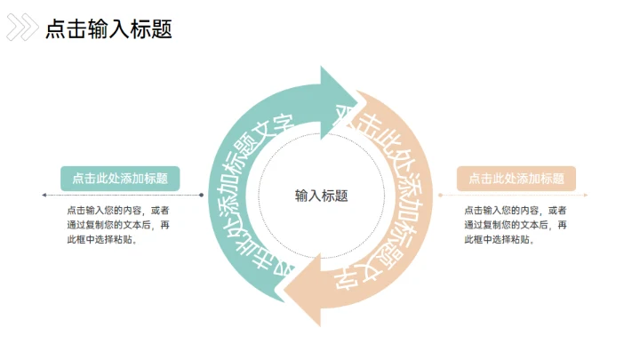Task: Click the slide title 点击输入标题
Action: (x=108, y=29)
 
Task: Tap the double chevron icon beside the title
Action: (x=22, y=29)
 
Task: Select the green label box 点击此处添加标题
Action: (x=120, y=178)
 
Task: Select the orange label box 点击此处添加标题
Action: (x=516, y=178)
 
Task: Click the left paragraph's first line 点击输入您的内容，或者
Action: (x=118, y=211)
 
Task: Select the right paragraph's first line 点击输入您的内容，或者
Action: (x=516, y=211)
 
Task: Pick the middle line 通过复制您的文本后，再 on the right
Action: (x=516, y=226)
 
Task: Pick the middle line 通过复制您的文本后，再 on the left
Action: (x=118, y=226)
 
